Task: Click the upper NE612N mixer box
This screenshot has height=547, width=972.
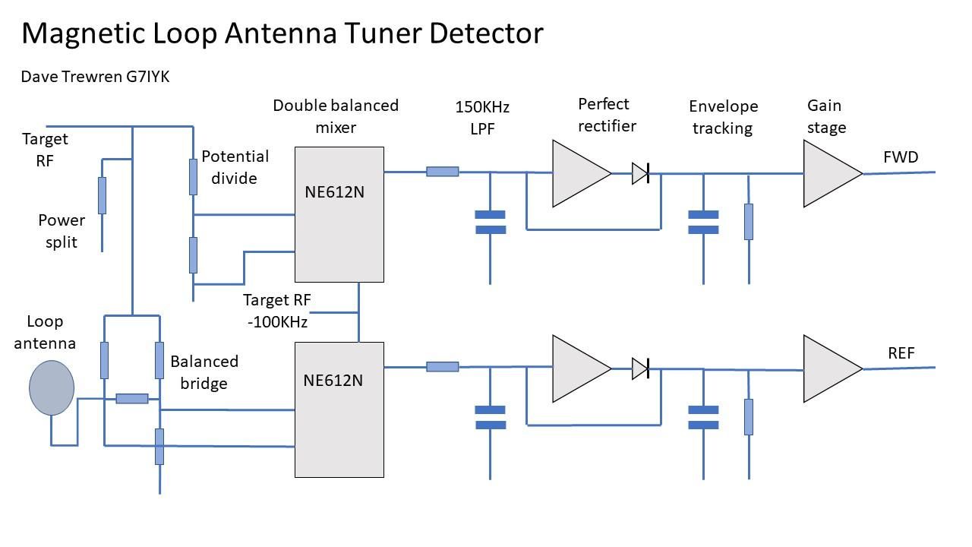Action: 339,214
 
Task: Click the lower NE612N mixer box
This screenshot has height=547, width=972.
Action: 339,409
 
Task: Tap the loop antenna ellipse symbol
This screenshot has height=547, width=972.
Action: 52,387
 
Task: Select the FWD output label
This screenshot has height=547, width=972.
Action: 901,157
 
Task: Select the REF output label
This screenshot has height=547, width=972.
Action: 901,353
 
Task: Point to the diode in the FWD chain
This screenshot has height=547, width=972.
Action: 639,174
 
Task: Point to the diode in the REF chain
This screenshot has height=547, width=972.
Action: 639,369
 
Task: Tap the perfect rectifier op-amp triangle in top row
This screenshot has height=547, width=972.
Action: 579,174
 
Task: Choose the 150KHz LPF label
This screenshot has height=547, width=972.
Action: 482,118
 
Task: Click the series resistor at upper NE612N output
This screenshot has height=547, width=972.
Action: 442,172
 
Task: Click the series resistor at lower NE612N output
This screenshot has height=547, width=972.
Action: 442,367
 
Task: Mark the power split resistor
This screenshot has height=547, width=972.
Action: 102,195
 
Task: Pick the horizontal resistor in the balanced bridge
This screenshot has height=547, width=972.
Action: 131,398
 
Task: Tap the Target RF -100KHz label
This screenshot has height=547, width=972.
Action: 277,311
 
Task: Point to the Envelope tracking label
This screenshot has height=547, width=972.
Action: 722,117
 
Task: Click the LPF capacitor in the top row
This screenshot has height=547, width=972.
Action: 490,222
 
